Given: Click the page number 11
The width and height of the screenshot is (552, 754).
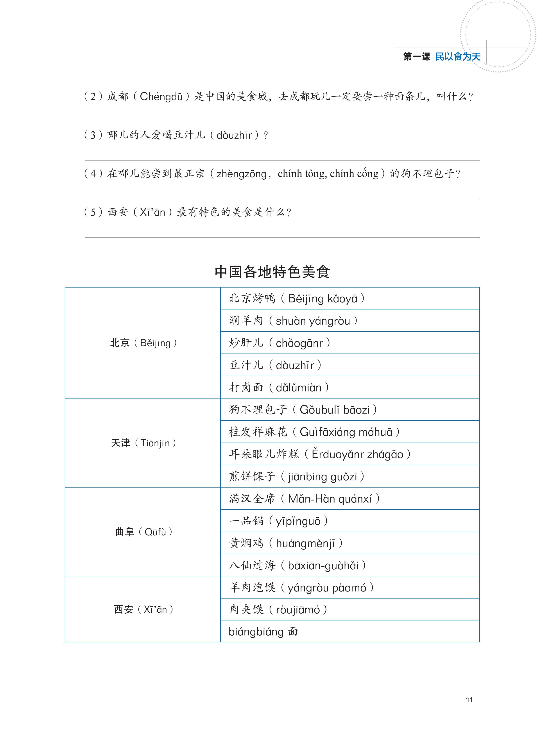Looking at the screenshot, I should tap(469, 700).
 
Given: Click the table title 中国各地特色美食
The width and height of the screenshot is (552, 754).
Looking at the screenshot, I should tap(272, 272).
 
